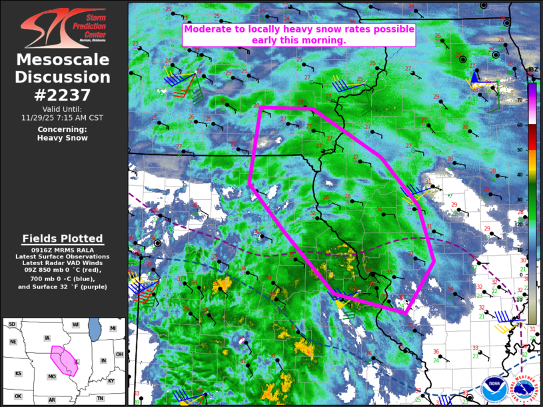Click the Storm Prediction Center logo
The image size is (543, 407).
click(x=63, y=28)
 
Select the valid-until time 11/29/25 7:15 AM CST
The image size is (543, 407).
click(x=62, y=117)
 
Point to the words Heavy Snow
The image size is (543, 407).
click(x=62, y=138)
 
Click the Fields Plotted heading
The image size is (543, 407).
click(x=63, y=238)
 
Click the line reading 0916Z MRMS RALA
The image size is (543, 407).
click(x=63, y=250)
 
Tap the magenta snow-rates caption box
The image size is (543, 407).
click(x=299, y=35)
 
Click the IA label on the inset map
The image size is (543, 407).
click(x=47, y=338)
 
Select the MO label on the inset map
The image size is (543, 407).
click(x=51, y=376)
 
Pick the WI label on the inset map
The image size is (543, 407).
click(x=75, y=324)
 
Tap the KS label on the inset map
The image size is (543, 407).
click(x=19, y=374)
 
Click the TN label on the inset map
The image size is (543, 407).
click(x=100, y=398)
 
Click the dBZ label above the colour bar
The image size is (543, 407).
click(x=532, y=70)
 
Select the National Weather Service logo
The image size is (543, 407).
click(x=526, y=390)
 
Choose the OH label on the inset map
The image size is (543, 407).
click(x=119, y=354)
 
